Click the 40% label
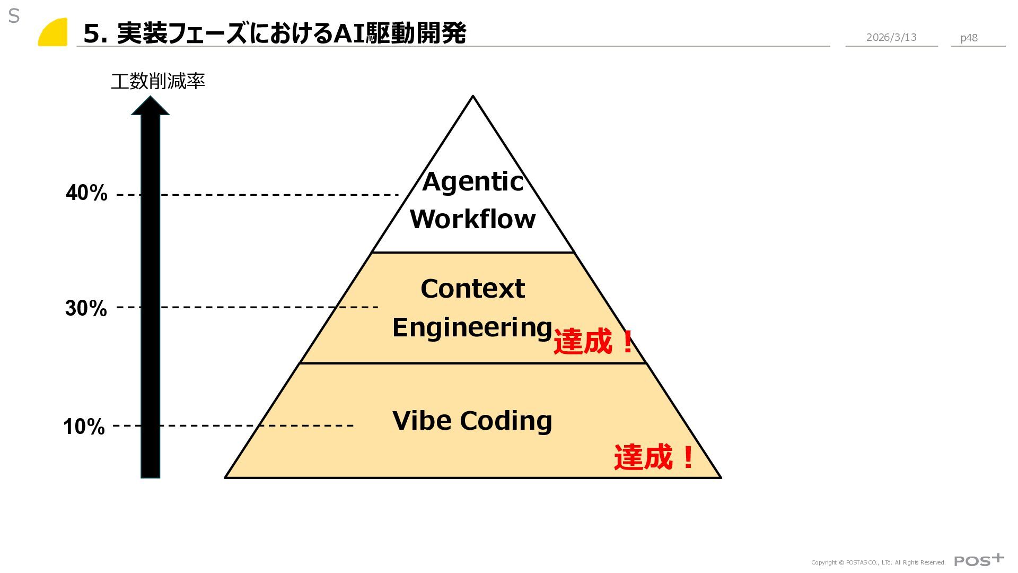click(x=86, y=193)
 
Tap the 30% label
click(x=86, y=308)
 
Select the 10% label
click(x=84, y=427)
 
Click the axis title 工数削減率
click(x=157, y=82)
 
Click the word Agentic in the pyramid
click(x=472, y=182)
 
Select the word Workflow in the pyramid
click(x=472, y=219)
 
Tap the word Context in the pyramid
click(x=472, y=289)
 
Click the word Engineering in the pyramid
click(x=472, y=327)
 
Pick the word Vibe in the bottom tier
click(x=422, y=421)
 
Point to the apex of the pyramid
click(x=472, y=97)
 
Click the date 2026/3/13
click(x=891, y=37)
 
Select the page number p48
click(x=969, y=38)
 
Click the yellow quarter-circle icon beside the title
click(x=54, y=33)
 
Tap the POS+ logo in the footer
click(x=979, y=560)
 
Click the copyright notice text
click(x=878, y=562)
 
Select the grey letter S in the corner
click(x=14, y=16)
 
